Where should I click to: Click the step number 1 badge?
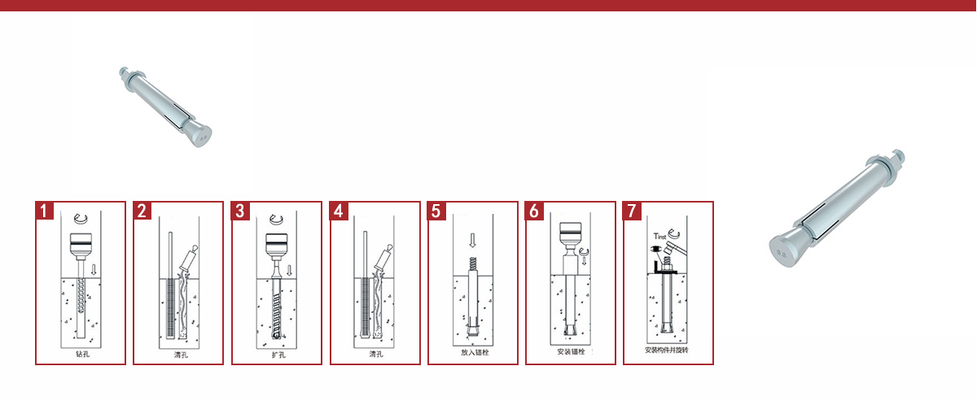44,211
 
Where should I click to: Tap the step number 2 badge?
142,211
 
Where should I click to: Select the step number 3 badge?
240,211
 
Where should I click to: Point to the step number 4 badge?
339,211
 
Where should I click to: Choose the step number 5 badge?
436,211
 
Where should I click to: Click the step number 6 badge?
534,211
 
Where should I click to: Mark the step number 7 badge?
632,211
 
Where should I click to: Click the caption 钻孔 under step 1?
82,354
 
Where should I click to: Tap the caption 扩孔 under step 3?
278,355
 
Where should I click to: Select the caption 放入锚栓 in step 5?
475,352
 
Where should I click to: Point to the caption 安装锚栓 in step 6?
571,351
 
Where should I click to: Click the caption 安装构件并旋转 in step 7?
667,350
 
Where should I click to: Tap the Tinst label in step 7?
659,236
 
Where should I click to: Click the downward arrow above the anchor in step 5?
472,240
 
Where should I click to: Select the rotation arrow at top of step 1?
81,218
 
